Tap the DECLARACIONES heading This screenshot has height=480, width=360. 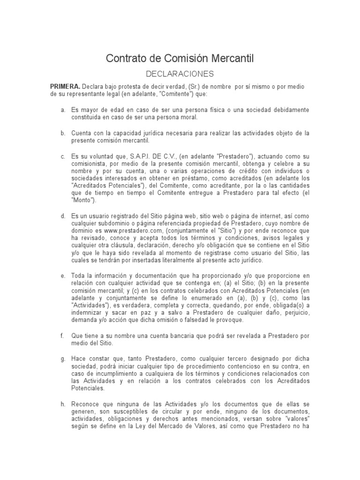click(x=180, y=74)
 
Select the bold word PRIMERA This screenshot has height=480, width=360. click(x=65, y=86)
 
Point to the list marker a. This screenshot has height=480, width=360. click(x=62, y=110)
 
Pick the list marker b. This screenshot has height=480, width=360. click(x=62, y=133)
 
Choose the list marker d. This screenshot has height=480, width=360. click(x=62, y=217)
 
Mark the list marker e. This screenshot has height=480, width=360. click(x=62, y=276)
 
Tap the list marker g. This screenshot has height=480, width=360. click(x=62, y=359)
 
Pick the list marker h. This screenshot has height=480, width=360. click(x=62, y=404)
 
